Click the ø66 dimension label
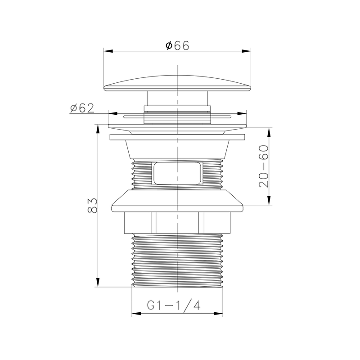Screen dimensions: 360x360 177,45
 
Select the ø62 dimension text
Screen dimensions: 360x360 82,108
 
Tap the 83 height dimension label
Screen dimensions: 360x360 93,206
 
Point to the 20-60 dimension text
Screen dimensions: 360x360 264,166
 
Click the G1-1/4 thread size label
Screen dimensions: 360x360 174,306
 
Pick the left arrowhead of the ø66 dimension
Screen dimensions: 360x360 108,51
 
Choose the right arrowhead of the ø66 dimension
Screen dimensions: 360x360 246,51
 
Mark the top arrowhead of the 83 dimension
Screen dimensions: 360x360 98,129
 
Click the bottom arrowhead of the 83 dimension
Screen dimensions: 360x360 98,282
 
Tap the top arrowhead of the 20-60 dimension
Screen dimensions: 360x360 270,132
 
